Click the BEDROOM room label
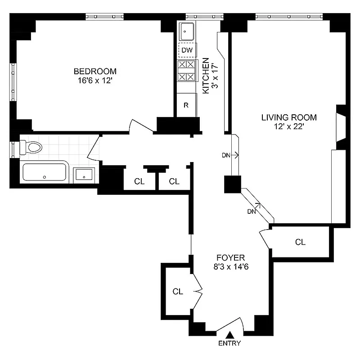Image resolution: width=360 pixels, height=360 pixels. [95, 71]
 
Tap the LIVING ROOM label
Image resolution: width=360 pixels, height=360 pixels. [289, 117]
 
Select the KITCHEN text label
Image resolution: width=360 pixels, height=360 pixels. [205, 76]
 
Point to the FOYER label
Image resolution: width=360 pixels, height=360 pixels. [230, 258]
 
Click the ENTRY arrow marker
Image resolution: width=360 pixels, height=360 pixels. [230, 335]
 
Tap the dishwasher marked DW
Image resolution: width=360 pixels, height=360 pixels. [187, 50]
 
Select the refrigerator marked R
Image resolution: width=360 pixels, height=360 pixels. [186, 105]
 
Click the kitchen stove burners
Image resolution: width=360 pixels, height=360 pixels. [187, 71]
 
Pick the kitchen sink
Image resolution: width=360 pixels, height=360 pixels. [187, 31]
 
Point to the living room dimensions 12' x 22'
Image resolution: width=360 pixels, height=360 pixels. [289, 127]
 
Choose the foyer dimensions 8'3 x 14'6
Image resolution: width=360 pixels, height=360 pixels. [230, 267]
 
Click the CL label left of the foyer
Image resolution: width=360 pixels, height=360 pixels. [178, 292]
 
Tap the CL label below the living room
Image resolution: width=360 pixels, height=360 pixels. [300, 242]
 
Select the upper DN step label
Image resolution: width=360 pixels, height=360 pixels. [227, 156]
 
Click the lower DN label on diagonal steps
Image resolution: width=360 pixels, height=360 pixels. [252, 211]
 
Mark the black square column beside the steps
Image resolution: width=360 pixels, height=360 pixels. [233, 184]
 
